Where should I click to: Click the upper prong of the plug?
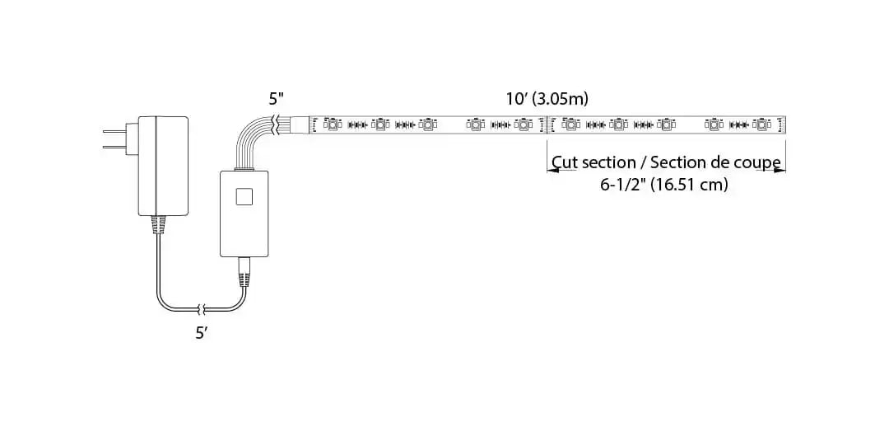pos(112,133)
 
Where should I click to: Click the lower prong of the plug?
pos(112,148)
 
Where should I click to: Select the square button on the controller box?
pos(244,196)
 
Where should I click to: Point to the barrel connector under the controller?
pos(244,270)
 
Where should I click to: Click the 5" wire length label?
pos(277,98)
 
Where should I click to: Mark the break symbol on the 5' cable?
pos(200,310)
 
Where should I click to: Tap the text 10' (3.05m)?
pos(547,99)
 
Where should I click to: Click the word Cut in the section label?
pos(564,162)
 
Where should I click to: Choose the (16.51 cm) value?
pos(690,185)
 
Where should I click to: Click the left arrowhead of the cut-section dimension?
pos(551,171)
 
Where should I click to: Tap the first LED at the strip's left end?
pos(331,124)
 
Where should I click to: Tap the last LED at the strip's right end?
pos(761,124)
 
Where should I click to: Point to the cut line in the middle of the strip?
pos(547,124)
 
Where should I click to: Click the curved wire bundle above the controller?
pos(251,140)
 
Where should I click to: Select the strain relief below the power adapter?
pos(157,224)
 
